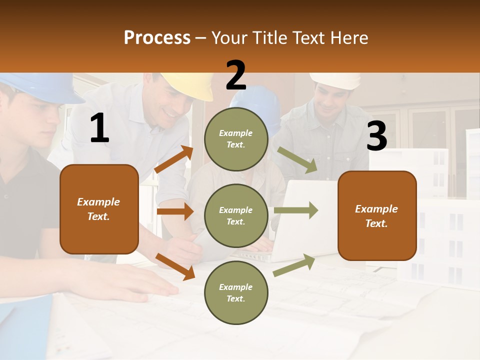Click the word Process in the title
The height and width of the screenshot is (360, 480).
coord(157,37)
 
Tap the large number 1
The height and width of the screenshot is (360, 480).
coord(99,128)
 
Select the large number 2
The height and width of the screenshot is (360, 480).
coord(236,75)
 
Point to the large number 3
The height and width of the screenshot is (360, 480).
coord(376,136)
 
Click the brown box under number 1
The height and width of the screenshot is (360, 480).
coord(99,209)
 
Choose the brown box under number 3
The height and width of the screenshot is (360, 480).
coord(377,215)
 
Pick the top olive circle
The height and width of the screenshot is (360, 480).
coord(236,139)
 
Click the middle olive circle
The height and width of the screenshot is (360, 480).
coord(236,215)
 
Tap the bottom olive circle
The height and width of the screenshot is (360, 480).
coord(236,292)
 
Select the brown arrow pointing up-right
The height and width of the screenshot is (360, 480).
coord(174,159)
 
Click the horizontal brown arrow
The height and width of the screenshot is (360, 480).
coord(175,211)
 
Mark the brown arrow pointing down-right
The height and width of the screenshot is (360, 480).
coord(175,266)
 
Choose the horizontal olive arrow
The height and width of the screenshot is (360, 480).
coord(296,210)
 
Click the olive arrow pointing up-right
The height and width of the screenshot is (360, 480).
coord(294,265)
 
